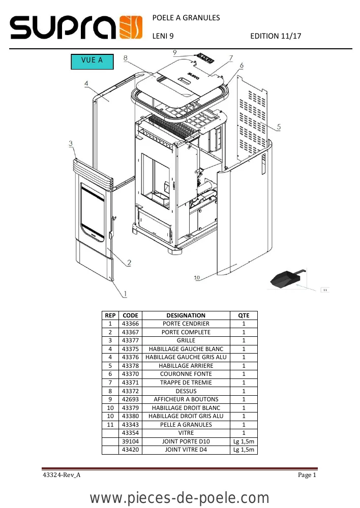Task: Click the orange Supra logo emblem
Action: pyautogui.click(x=131, y=27)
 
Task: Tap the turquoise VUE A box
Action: pyautogui.click(x=92, y=61)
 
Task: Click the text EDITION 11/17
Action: pyautogui.click(x=276, y=36)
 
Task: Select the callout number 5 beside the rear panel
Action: pyautogui.click(x=279, y=126)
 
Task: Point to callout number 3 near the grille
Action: pyautogui.click(x=71, y=143)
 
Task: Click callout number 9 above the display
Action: pyautogui.click(x=175, y=52)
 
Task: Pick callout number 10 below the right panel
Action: pyautogui.click(x=197, y=277)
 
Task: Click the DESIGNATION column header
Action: pyautogui.click(x=186, y=315)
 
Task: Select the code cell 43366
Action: pyautogui.click(x=130, y=324)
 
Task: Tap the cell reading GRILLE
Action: pyautogui.click(x=186, y=340)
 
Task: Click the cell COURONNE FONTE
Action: pyautogui.click(x=186, y=374)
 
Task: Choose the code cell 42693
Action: pyautogui.click(x=130, y=399)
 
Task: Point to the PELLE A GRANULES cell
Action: pyautogui.click(x=186, y=424)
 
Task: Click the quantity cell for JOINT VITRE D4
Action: pyautogui.click(x=244, y=450)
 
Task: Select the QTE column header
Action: pyautogui.click(x=244, y=315)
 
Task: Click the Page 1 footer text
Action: pyautogui.click(x=307, y=475)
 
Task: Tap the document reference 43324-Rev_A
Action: pyautogui.click(x=62, y=475)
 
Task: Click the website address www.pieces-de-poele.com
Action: pyautogui.click(x=179, y=498)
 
